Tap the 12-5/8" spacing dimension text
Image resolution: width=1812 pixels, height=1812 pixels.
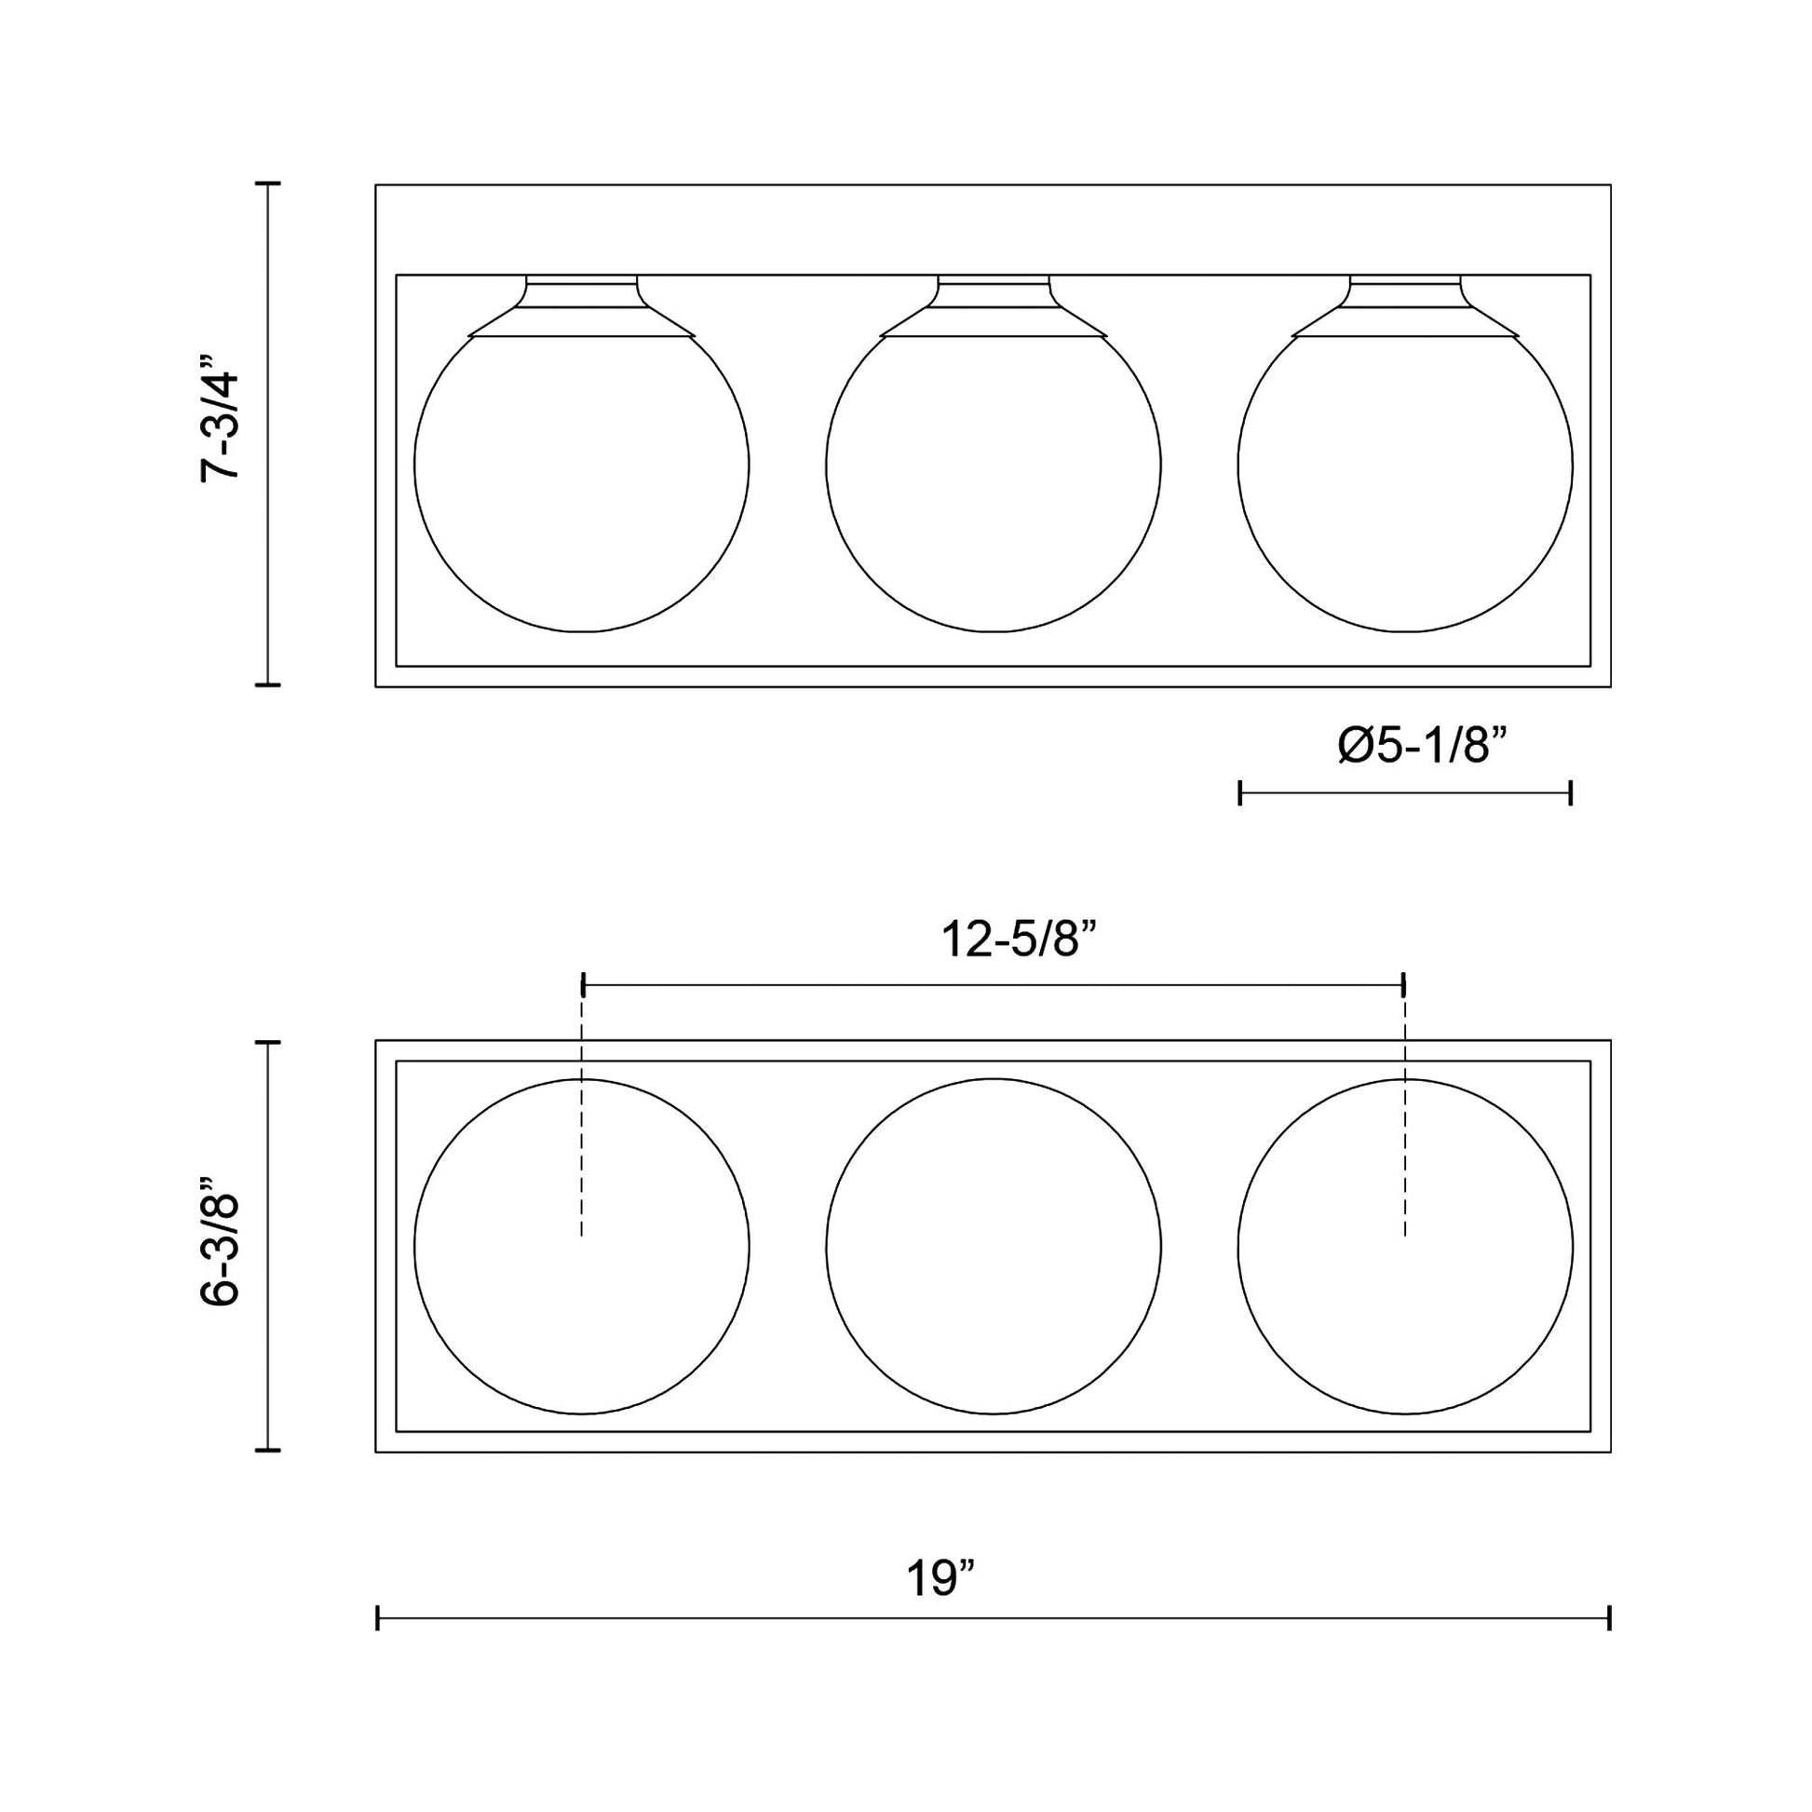click(x=1019, y=940)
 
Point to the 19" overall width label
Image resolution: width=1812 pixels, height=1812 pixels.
click(x=940, y=1579)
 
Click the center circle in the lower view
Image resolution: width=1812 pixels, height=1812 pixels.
click(x=994, y=1247)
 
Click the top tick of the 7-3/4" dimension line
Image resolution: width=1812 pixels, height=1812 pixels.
click(x=269, y=183)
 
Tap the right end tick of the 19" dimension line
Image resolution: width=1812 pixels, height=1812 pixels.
click(x=1609, y=1618)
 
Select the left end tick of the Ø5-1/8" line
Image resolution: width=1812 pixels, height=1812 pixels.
click(x=1240, y=792)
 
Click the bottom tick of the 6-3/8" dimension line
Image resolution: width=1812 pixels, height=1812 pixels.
click(x=269, y=1451)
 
